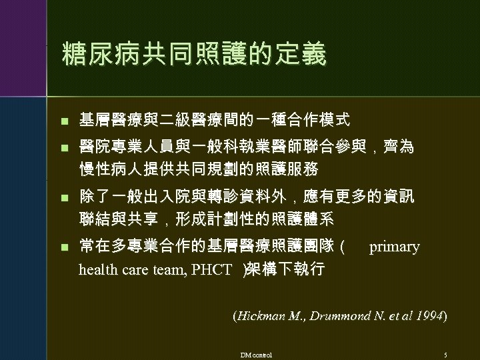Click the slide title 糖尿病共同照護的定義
click(193, 55)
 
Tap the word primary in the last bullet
click(394, 247)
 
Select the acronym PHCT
click(211, 269)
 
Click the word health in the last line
click(97, 269)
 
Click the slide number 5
click(445, 354)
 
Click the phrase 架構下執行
click(287, 269)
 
